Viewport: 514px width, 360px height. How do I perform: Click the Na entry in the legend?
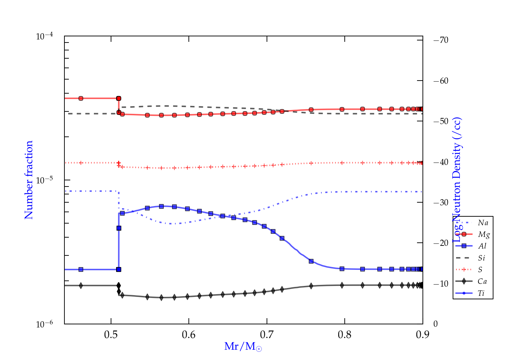pos(483,223)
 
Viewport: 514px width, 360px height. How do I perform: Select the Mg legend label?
pos(484,235)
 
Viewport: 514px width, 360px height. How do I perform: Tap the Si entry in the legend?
pos(481,258)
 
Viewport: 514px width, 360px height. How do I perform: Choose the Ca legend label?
pos(482,281)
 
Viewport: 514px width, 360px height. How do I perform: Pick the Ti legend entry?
pos(481,293)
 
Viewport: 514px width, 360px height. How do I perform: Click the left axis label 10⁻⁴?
pos(44,36)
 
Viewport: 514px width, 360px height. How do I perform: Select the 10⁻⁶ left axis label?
pos(44,324)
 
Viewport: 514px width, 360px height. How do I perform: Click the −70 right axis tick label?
pos(441,40)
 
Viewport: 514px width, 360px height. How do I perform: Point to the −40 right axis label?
pos(441,162)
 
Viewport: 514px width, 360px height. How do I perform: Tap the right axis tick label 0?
pos(436,324)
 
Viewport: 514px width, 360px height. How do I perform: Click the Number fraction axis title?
pos(29,180)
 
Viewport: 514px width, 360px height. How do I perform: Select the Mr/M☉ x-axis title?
pos(243,347)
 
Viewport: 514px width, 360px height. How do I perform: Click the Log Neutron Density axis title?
pos(457,180)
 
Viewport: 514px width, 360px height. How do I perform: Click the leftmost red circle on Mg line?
pos(81,98)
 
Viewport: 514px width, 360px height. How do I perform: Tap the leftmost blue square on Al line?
pos(81,269)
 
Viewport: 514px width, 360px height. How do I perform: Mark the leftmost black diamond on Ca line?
pos(81,285)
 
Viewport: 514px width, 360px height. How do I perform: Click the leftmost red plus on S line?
pos(81,163)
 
